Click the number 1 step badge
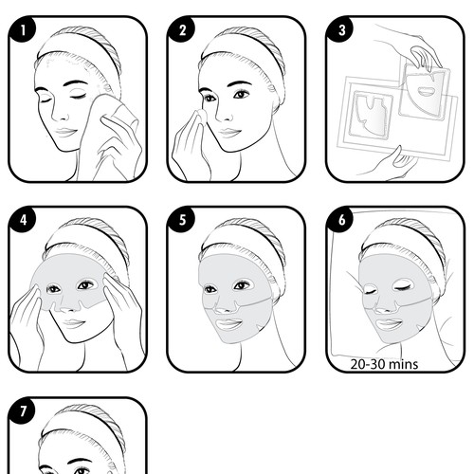(22, 30)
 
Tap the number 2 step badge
(182, 30)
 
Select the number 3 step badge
(341, 30)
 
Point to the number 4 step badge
(22, 220)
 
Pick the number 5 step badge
(182, 220)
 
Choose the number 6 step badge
(341, 220)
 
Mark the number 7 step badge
(22, 410)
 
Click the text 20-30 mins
(384, 364)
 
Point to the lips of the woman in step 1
(64, 132)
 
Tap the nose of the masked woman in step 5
(226, 305)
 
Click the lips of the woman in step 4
(73, 323)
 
